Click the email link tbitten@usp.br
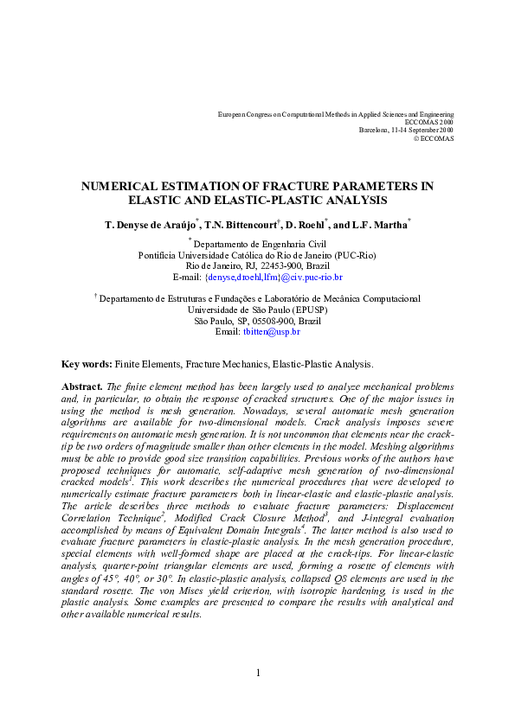pos(271,331)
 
